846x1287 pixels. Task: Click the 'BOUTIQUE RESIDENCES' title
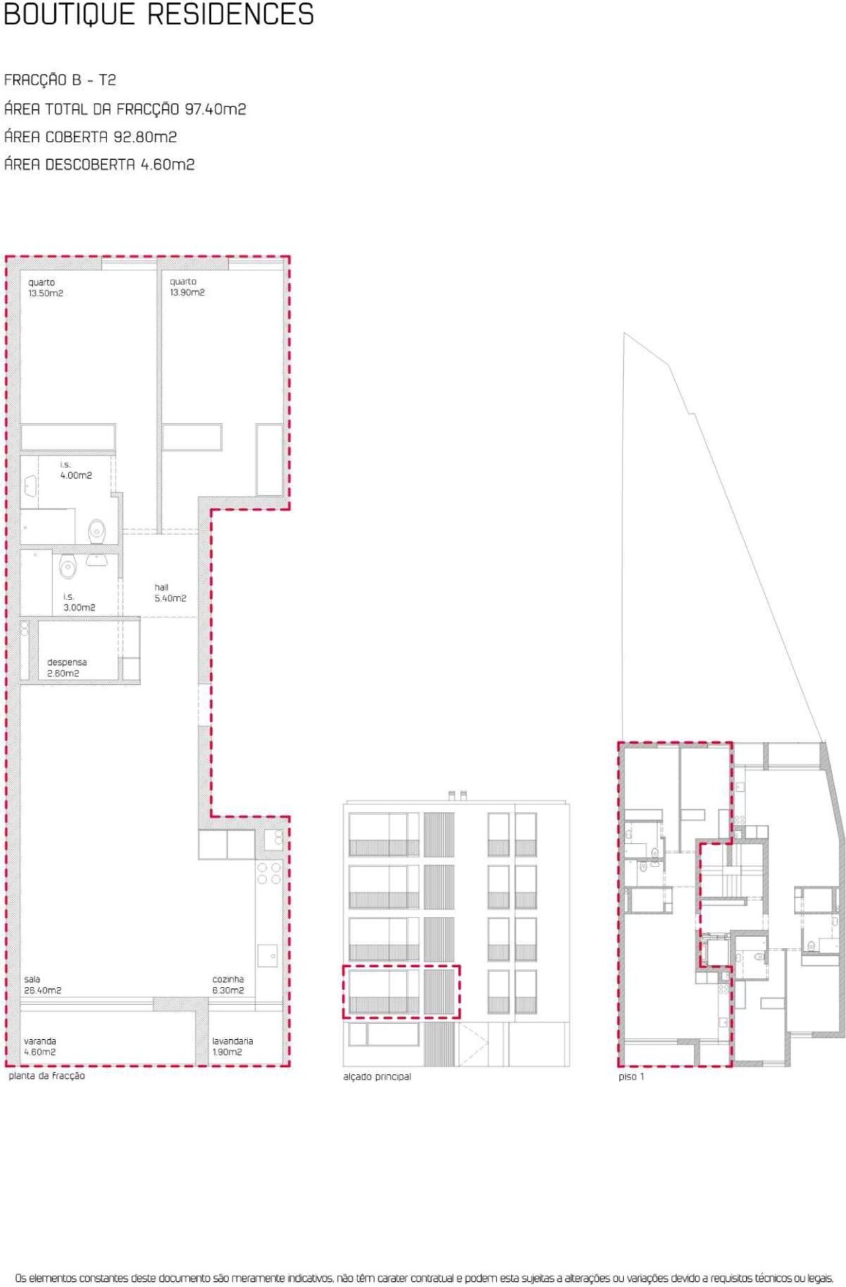click(159, 15)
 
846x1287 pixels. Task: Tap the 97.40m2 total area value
click(215, 109)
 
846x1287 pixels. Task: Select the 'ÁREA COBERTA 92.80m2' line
click(91, 137)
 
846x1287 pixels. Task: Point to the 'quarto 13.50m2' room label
click(46, 288)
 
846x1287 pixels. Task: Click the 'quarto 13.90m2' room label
click(187, 287)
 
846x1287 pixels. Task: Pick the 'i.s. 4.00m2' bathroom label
click(76, 470)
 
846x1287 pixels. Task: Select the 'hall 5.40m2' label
click(171, 592)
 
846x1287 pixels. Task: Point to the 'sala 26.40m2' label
click(42, 984)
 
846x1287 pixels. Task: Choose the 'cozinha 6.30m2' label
click(228, 984)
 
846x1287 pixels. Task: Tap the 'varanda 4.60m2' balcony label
click(40, 1046)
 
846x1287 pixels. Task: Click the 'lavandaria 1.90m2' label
click(233, 1046)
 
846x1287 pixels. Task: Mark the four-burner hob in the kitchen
click(269, 873)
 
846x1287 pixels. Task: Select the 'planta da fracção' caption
click(47, 1075)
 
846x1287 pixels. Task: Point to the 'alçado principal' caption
click(377, 1076)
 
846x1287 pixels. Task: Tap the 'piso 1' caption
click(631, 1076)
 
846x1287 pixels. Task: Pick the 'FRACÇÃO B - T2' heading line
click(60, 80)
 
